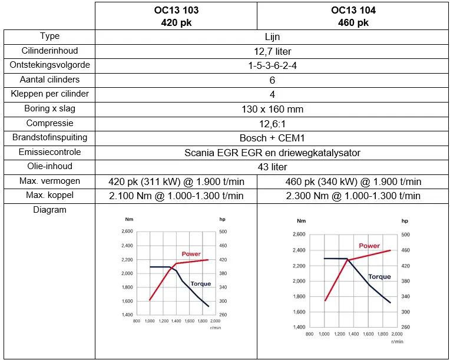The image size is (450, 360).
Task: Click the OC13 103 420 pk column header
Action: [176, 16]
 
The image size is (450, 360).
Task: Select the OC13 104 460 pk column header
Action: [353, 16]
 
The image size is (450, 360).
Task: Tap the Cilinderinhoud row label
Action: [49, 51]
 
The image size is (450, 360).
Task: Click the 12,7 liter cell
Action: [272, 51]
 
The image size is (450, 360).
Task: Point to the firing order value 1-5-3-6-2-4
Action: [272, 65]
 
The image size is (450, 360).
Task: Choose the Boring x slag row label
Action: [49, 109]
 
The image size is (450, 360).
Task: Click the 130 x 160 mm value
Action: [272, 109]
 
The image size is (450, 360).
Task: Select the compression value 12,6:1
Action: [272, 124]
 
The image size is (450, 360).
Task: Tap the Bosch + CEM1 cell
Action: [272, 138]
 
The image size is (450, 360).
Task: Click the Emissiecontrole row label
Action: [49, 152]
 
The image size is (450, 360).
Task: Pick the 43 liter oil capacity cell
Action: [272, 167]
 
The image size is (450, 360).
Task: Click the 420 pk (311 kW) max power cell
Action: [176, 181]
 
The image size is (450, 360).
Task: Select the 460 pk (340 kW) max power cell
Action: [353, 181]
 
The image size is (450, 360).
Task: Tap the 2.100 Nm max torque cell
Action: [176, 196]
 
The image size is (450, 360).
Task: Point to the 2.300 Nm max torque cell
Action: [353, 196]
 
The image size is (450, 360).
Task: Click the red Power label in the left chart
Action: [191, 254]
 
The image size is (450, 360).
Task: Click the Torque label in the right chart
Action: [379, 276]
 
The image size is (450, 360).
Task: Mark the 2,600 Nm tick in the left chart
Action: [127, 232]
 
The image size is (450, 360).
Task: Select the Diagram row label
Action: [49, 210]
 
